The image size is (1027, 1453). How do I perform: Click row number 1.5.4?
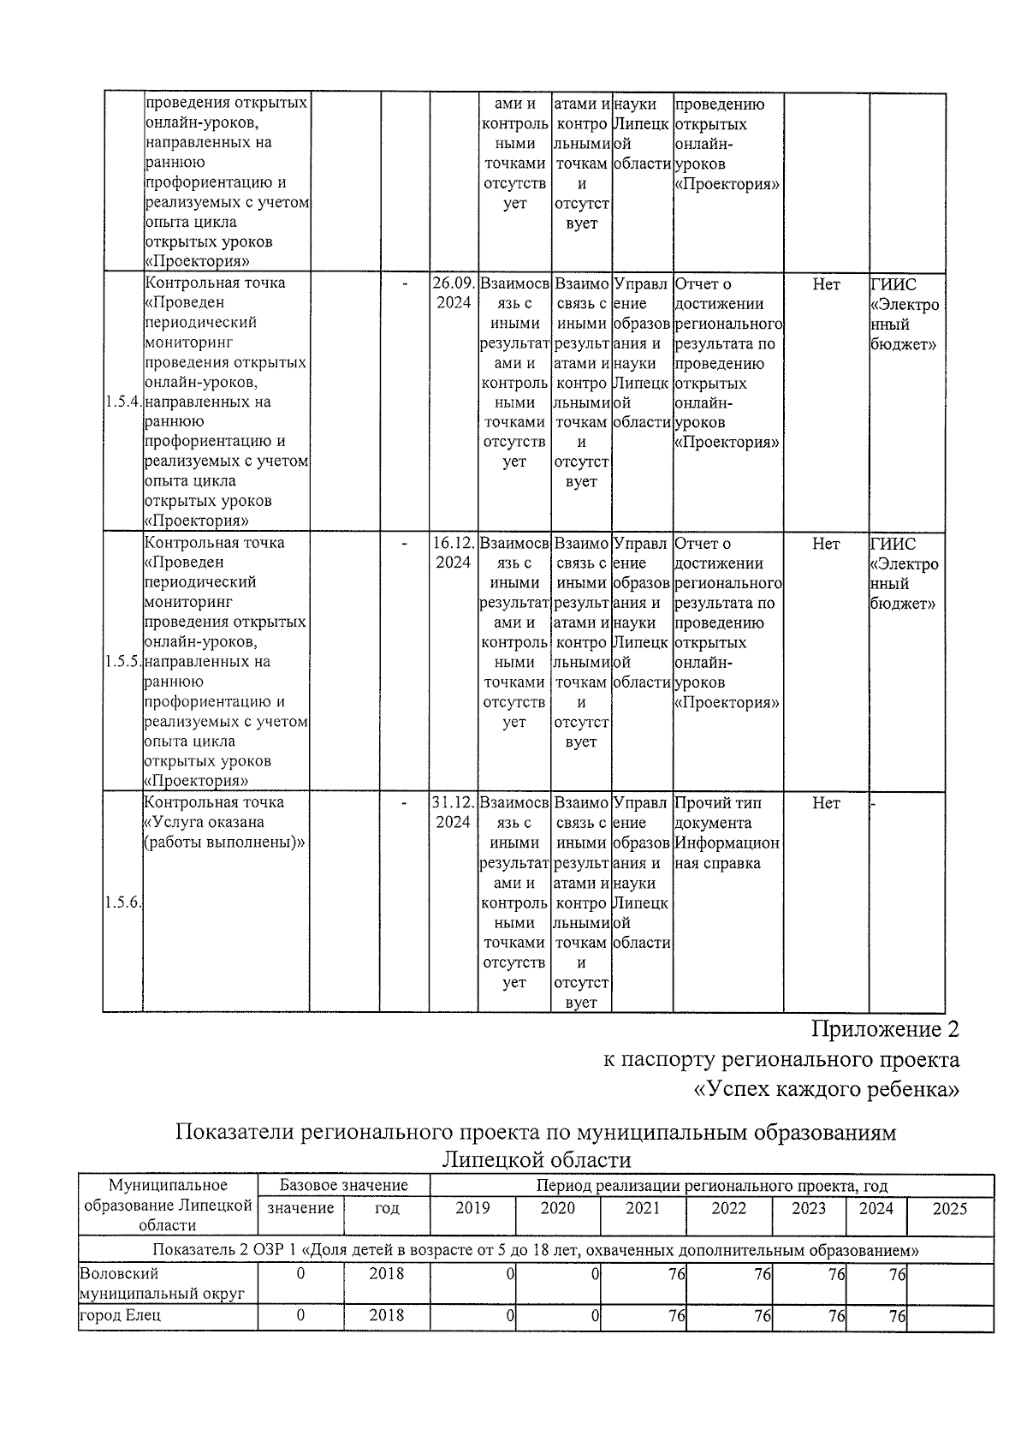click(x=122, y=402)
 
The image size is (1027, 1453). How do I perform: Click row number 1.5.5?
click(x=122, y=662)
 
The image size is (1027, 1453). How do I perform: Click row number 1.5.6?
click(x=122, y=903)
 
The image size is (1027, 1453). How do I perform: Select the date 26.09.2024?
click(x=453, y=293)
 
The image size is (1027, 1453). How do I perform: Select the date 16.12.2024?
click(x=453, y=552)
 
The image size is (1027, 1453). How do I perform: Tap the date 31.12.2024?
click(x=453, y=812)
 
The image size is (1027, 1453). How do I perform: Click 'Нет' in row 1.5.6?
click(x=826, y=803)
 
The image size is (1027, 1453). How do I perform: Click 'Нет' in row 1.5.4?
click(x=826, y=284)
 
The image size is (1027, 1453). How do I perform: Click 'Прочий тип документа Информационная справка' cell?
click(x=727, y=832)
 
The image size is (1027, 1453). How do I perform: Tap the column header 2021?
click(x=643, y=1208)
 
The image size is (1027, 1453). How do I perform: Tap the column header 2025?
click(x=949, y=1208)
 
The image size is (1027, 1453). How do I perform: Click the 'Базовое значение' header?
click(x=343, y=1186)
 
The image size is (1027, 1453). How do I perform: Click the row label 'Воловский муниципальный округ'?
click(x=163, y=1283)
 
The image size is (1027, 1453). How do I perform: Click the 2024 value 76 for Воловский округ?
click(x=895, y=1274)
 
